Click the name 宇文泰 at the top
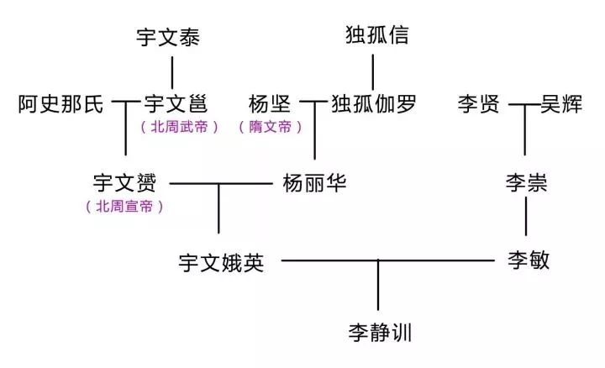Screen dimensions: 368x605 (168, 38)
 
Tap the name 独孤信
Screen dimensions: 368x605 (377, 35)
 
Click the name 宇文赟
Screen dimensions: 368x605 (130, 182)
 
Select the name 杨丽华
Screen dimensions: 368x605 (314, 182)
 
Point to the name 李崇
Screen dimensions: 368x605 (527, 182)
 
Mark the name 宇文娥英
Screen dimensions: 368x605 (222, 262)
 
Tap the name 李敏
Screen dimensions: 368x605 (529, 260)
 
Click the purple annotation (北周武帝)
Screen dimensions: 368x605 (180, 128)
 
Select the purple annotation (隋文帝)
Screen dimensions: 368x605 (270, 128)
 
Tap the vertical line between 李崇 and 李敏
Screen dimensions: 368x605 (527, 218)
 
